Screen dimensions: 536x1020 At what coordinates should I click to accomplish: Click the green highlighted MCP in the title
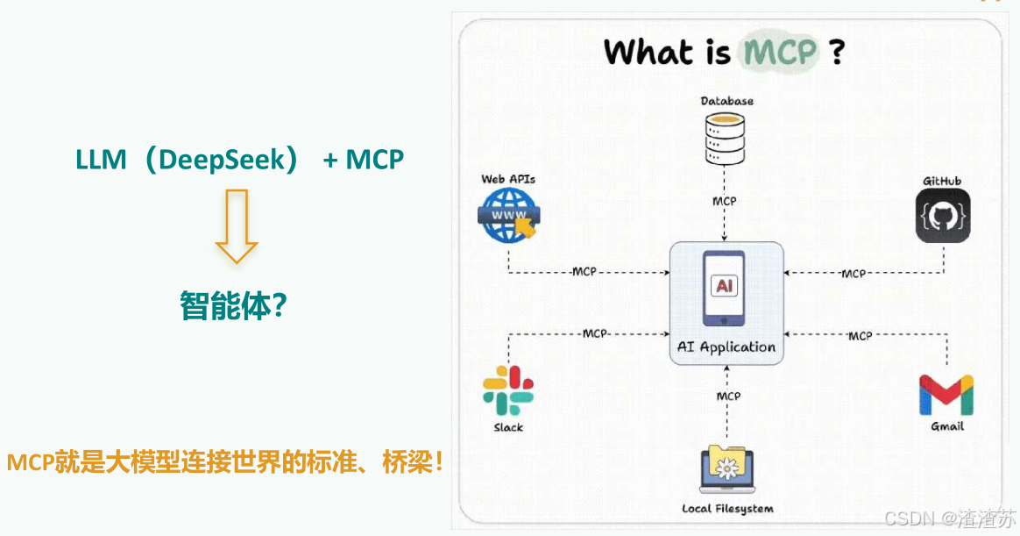pyautogui.click(x=781, y=52)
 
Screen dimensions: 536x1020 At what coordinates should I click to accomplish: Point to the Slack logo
pyautogui.click(x=508, y=390)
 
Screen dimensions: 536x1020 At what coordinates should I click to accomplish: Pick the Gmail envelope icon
pyautogui.click(x=946, y=394)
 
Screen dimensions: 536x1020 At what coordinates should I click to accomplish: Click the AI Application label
pyautogui.click(x=726, y=347)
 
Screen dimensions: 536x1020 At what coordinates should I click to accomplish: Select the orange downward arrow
pyautogui.click(x=237, y=225)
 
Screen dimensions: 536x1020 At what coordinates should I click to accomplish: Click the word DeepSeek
pyautogui.click(x=228, y=161)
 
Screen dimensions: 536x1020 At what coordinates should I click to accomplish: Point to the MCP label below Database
pyautogui.click(x=725, y=201)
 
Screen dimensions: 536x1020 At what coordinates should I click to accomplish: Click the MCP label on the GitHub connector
pyautogui.click(x=853, y=274)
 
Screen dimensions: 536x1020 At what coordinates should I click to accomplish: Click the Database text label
pyautogui.click(x=726, y=101)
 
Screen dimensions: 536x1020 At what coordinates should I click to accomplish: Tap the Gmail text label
pyautogui.click(x=947, y=426)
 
